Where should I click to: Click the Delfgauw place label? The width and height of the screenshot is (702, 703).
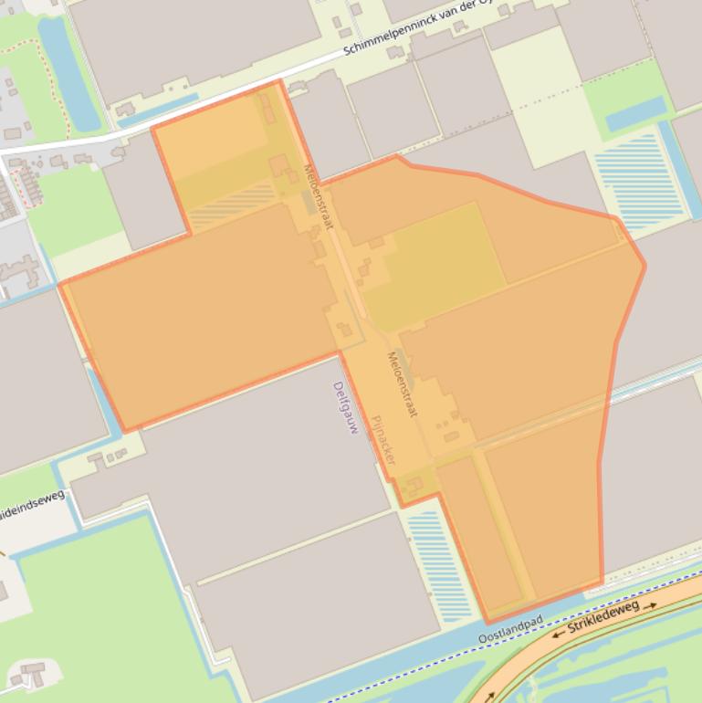345,407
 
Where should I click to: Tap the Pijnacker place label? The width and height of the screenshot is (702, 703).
382,440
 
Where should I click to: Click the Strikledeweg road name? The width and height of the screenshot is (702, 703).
602,618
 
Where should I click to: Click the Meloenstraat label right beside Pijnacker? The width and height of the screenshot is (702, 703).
403,384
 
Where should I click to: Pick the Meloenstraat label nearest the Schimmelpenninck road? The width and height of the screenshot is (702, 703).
319,196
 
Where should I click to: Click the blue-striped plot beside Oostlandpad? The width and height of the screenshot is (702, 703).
437,561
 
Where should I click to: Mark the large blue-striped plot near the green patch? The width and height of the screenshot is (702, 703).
638,178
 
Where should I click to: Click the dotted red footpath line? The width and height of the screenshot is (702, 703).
41,64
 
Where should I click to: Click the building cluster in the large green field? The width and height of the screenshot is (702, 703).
31,677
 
